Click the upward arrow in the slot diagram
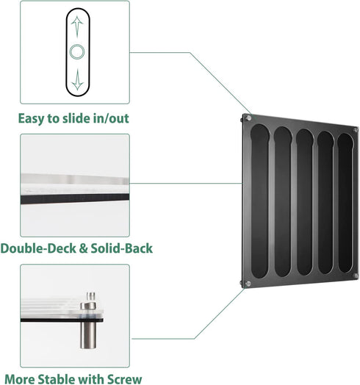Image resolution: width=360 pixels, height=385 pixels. click(x=77, y=26)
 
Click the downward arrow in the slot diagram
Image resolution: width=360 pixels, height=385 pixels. click(x=78, y=79)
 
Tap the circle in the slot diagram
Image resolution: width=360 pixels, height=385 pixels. click(x=77, y=52)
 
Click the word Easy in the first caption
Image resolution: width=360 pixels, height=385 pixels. click(x=32, y=119)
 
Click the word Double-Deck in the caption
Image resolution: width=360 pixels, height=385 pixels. click(x=38, y=248)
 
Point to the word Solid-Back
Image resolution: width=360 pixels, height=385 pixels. click(x=122, y=248)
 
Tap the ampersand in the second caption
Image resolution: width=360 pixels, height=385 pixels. click(x=84, y=248)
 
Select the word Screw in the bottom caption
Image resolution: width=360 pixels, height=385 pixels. click(x=125, y=379)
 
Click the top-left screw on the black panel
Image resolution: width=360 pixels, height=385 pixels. click(x=248, y=118)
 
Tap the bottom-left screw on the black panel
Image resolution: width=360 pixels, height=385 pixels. click(x=248, y=284)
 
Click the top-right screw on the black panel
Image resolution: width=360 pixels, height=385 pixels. click(x=356, y=129)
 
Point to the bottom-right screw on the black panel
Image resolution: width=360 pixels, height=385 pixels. click(x=356, y=276)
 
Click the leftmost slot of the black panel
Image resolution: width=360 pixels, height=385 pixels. click(x=260, y=201)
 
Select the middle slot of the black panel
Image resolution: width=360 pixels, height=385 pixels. click(x=304, y=202)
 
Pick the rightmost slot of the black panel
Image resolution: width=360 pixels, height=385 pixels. click(x=345, y=203)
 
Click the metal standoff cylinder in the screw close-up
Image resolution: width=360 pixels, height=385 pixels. click(x=88, y=335)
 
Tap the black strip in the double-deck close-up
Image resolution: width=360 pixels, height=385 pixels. click(x=75, y=198)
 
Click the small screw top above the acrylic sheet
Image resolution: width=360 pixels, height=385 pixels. click(x=91, y=296)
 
